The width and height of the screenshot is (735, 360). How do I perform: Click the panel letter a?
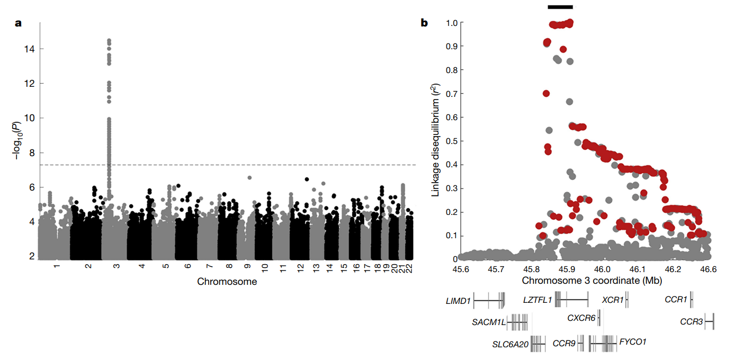click(19, 23)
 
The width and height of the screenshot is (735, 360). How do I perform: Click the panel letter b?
click(424, 23)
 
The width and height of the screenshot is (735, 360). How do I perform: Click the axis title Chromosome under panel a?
click(227, 282)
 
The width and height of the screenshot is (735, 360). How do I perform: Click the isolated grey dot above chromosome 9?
click(249, 178)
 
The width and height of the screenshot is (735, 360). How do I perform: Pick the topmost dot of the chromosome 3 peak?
click(109, 41)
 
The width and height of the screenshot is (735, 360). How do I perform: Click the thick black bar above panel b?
click(560, 6)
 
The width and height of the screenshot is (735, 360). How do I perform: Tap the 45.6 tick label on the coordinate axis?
click(461, 269)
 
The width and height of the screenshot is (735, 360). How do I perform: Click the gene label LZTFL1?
click(537, 300)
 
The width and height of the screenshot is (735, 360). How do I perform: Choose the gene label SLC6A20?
click(510, 344)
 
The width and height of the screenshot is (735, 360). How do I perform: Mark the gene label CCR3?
click(691, 321)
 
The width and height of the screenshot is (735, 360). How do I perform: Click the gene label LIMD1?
click(459, 301)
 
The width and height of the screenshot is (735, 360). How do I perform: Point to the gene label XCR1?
click(613, 300)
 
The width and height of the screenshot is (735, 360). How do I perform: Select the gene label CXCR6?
click(581, 318)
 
